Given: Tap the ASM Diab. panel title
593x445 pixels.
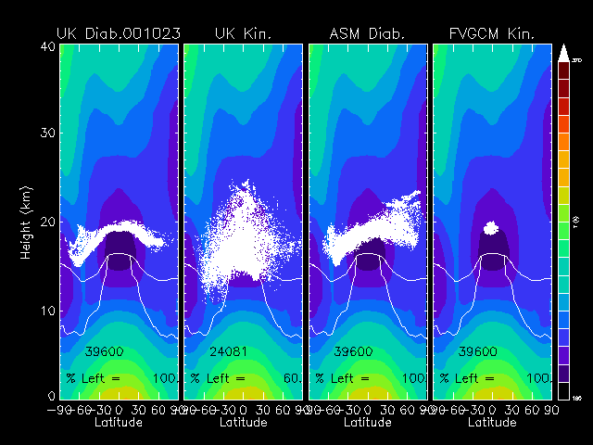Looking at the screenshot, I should click(x=367, y=34).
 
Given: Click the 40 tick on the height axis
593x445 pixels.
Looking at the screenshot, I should click(x=46, y=45).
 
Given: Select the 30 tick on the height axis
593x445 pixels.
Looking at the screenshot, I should click(x=46, y=133).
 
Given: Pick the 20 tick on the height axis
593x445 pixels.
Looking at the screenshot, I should click(x=46, y=222).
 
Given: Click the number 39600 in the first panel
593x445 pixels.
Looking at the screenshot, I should click(x=104, y=352).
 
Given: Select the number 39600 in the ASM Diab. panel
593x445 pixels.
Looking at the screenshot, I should click(x=353, y=352).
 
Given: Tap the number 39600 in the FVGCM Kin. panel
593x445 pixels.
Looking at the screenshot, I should click(x=477, y=352).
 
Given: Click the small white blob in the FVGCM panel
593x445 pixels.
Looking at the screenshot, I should click(x=491, y=225).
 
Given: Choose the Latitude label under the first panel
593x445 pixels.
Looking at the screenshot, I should click(x=119, y=423).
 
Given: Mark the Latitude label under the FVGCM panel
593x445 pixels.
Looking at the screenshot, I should click(x=491, y=423).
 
